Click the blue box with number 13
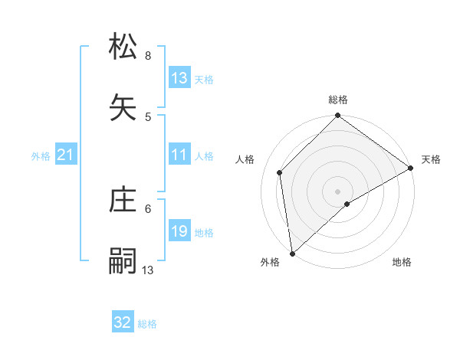click(179, 78)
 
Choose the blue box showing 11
click(179, 155)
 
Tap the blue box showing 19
click(179, 231)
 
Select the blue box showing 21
click(66, 155)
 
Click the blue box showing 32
click(123, 322)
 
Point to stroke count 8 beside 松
click(148, 56)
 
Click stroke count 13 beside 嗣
click(148, 270)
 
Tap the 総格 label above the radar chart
click(338, 100)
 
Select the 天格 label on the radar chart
click(431, 159)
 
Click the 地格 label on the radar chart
click(402, 262)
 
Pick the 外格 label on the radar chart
click(270, 262)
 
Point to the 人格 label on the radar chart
click(245, 159)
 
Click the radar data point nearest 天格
click(411, 168)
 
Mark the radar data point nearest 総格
click(338, 116)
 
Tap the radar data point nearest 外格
click(292, 253)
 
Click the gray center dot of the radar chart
click(338, 191)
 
